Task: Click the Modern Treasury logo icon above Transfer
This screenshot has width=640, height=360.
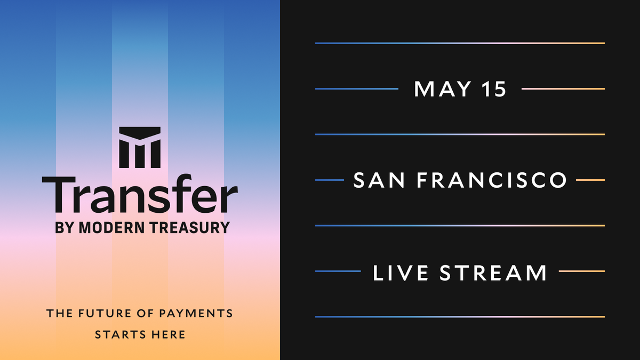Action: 140,147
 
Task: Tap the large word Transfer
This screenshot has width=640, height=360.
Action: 140,196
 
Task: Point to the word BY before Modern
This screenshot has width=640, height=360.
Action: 65,228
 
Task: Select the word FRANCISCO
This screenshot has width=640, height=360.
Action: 491,180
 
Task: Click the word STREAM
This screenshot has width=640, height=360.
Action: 493,272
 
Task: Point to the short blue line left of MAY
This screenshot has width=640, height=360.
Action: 357,89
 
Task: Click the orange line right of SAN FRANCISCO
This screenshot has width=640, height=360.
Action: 590,180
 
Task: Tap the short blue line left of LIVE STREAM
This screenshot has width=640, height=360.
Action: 338,271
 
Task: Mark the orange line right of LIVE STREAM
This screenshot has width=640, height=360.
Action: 581,271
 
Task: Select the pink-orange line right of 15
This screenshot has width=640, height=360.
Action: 563,89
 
